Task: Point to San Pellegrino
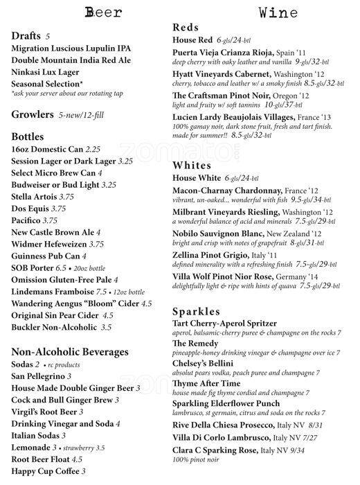[x=42, y=376]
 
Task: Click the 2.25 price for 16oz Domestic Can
[x=94, y=149]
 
